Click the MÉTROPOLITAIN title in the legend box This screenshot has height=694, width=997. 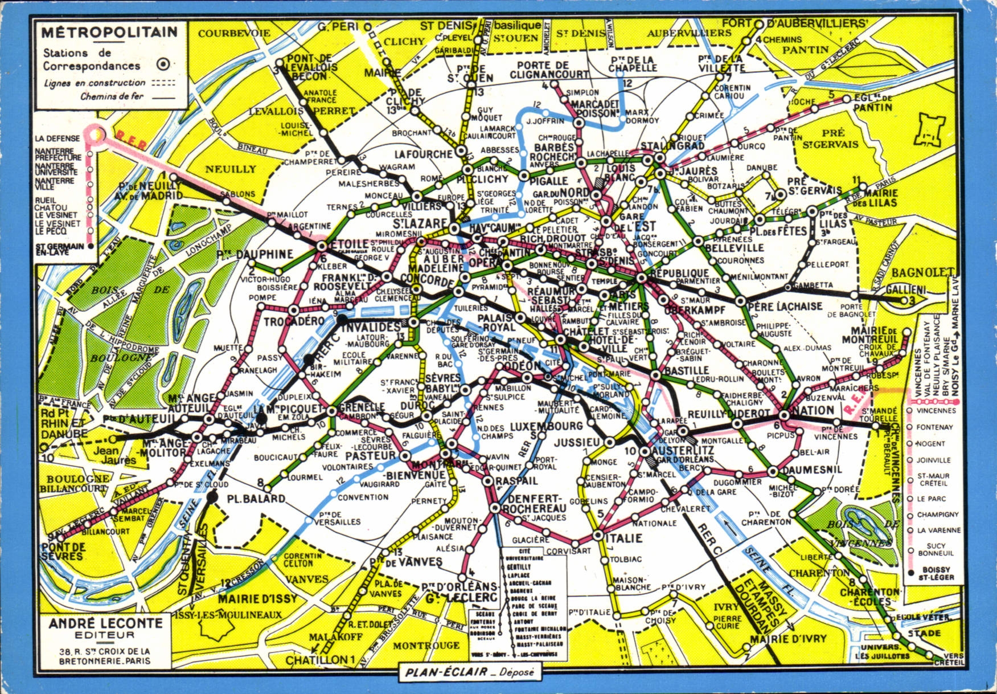click(x=109, y=32)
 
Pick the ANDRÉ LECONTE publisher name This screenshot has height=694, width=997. click(x=105, y=624)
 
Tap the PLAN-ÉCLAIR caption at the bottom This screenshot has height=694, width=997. click(x=470, y=672)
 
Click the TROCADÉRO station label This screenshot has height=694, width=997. click(x=293, y=321)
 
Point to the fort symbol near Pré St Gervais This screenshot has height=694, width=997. click(x=930, y=130)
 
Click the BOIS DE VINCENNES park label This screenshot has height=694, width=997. click(x=854, y=533)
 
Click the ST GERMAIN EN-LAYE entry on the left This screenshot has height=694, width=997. click(x=59, y=249)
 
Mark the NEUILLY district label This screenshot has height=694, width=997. click(x=231, y=169)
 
